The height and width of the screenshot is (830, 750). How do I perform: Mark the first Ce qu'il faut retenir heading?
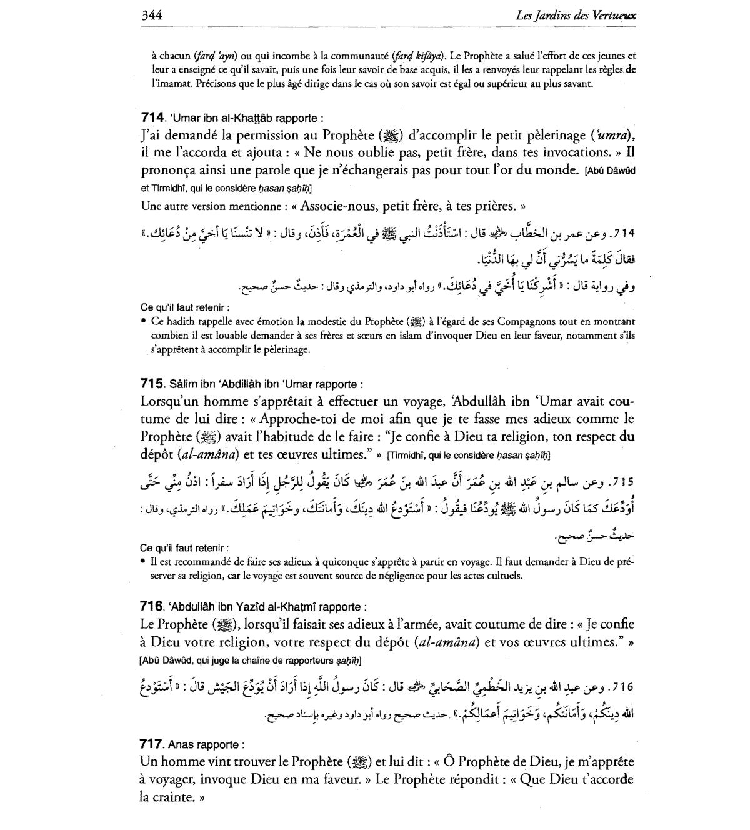tap(185, 307)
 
